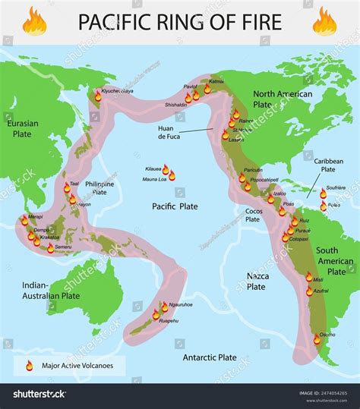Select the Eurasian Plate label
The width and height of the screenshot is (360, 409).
click(21, 127)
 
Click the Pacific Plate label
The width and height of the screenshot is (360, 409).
click(174, 206)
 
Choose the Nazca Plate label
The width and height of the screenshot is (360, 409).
click(256, 282)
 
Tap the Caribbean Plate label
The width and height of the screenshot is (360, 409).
click(328, 165)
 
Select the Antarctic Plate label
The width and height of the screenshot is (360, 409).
click(210, 356)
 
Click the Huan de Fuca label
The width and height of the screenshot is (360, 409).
click(169, 134)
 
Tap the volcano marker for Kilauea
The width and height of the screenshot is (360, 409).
click(166, 169)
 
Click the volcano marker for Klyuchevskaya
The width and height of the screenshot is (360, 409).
click(97, 96)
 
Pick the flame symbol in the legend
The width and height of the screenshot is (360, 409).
click(30, 365)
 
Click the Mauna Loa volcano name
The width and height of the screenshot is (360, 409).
click(155, 179)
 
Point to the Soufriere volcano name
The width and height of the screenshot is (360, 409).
click(336, 187)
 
